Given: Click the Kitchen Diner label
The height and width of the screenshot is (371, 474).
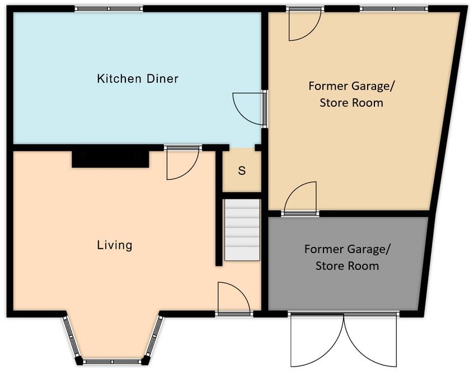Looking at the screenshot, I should [x=138, y=78].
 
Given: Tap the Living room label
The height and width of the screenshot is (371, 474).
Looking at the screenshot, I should [x=115, y=245].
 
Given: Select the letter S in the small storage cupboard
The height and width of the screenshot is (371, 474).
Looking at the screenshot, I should [x=242, y=171].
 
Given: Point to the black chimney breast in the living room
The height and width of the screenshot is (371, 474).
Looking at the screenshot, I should [x=111, y=159].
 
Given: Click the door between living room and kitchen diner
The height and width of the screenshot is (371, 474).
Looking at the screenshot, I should [x=182, y=165].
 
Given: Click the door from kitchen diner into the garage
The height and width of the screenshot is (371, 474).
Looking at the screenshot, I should [x=249, y=108].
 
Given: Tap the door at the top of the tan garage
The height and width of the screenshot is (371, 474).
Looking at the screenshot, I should [x=304, y=25].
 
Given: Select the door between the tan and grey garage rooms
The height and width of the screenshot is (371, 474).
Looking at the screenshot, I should [x=301, y=198].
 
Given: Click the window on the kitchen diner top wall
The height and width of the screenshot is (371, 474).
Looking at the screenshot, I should [x=109, y=8].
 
